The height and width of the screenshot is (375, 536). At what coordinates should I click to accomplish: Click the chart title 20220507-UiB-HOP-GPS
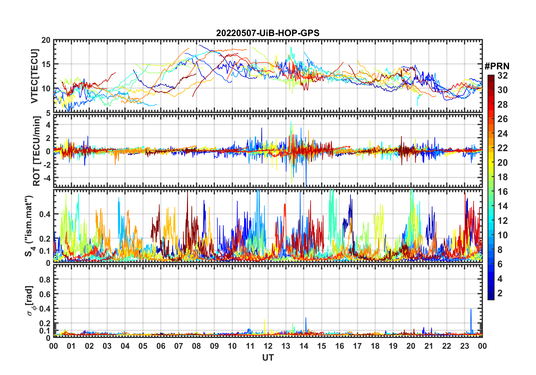click(x=268, y=33)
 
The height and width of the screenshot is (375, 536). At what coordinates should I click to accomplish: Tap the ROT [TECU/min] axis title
click(x=37, y=151)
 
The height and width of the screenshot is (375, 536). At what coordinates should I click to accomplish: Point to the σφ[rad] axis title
click(x=30, y=301)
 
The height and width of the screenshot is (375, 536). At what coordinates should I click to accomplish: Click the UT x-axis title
click(x=268, y=358)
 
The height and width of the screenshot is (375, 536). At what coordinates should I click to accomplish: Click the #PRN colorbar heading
click(x=497, y=66)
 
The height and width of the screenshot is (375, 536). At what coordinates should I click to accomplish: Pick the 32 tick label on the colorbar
click(x=502, y=76)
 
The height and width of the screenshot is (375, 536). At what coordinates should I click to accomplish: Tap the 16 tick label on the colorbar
click(x=502, y=192)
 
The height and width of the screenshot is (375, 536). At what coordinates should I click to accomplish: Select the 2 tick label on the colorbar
click(x=500, y=293)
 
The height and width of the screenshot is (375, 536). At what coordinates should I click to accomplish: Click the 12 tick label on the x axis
click(x=268, y=346)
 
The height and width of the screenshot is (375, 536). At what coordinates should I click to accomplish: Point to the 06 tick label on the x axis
click(x=161, y=346)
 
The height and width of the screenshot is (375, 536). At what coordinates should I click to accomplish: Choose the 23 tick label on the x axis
click(x=464, y=346)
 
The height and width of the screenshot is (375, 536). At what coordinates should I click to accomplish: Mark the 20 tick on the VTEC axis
click(x=46, y=40)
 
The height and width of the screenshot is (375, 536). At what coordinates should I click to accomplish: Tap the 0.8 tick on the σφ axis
click(x=45, y=279)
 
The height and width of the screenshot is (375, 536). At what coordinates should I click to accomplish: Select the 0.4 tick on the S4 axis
click(x=45, y=214)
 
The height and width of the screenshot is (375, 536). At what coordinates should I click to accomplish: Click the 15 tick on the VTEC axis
click(x=46, y=64)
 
